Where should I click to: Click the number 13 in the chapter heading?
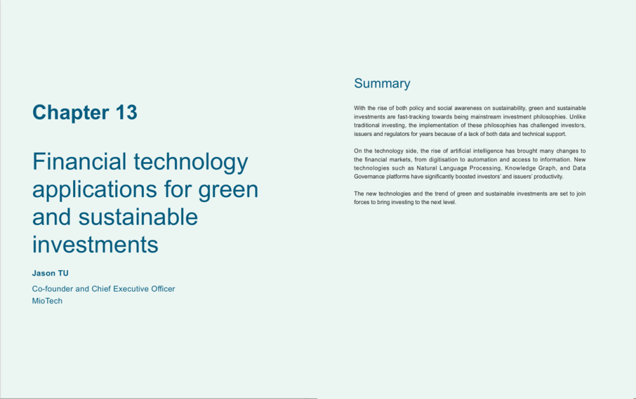click(x=127, y=112)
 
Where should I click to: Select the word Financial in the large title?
click(x=79, y=161)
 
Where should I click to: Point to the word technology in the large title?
click(x=191, y=163)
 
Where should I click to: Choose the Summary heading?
click(x=382, y=83)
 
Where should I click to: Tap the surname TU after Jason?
click(x=63, y=273)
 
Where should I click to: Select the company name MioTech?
click(x=47, y=301)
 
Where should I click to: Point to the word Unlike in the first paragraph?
click(x=577, y=117)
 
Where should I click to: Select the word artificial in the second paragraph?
click(x=460, y=151)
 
